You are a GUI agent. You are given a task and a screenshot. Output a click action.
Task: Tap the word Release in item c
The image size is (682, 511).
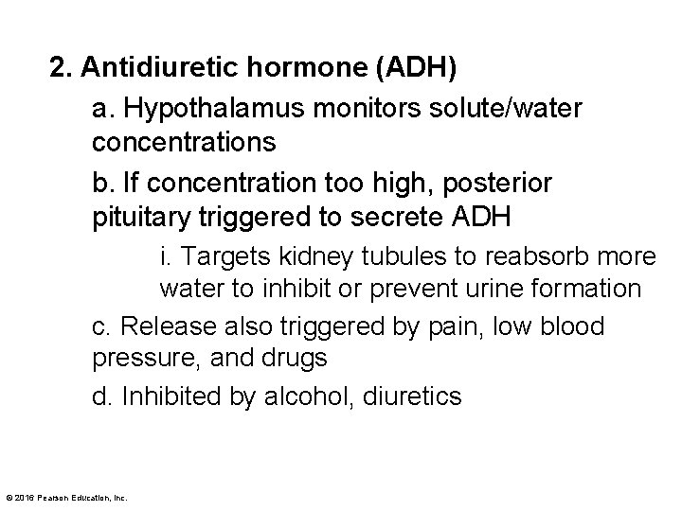164,326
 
